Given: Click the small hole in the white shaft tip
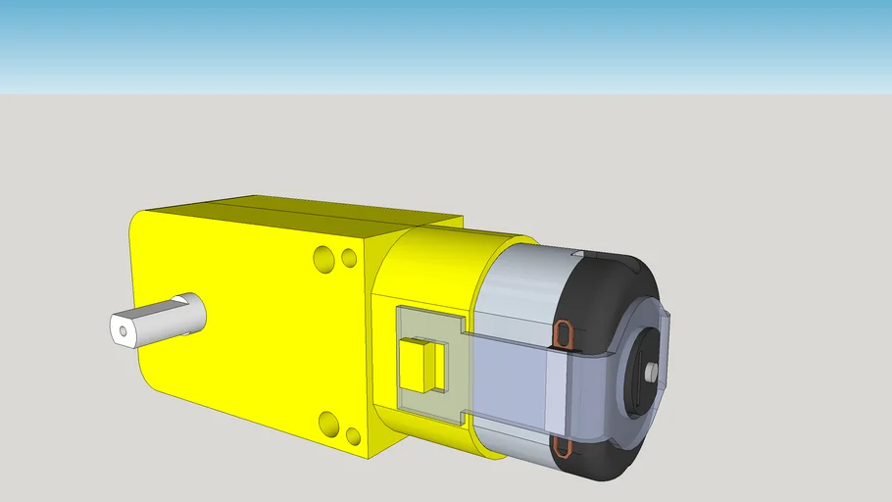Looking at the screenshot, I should (x=123, y=331).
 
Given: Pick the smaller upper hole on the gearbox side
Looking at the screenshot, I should (x=348, y=259).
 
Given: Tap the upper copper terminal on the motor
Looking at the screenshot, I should (x=565, y=334).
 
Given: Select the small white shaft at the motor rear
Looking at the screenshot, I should (x=651, y=374).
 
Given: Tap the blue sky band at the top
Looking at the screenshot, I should (x=446, y=39).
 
